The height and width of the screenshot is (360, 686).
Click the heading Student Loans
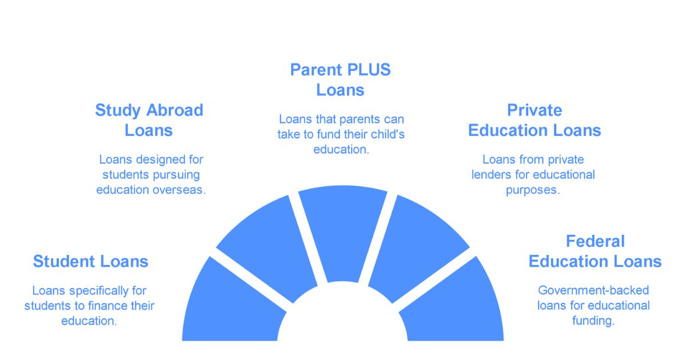tap(90, 261)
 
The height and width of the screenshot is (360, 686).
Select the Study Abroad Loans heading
tap(149, 120)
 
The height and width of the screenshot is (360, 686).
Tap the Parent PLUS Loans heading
tap(340, 79)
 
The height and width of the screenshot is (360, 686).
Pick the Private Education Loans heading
tap(535, 120)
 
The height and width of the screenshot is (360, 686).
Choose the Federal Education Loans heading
tap(595, 251)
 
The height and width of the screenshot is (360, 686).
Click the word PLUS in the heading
tap(366, 70)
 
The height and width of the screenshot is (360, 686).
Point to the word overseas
tap(178, 190)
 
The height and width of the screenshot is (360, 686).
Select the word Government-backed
tap(594, 290)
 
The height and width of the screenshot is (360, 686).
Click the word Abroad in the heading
tap(175, 110)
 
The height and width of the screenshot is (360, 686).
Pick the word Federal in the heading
tap(595, 241)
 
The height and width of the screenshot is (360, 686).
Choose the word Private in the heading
tap(535, 110)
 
